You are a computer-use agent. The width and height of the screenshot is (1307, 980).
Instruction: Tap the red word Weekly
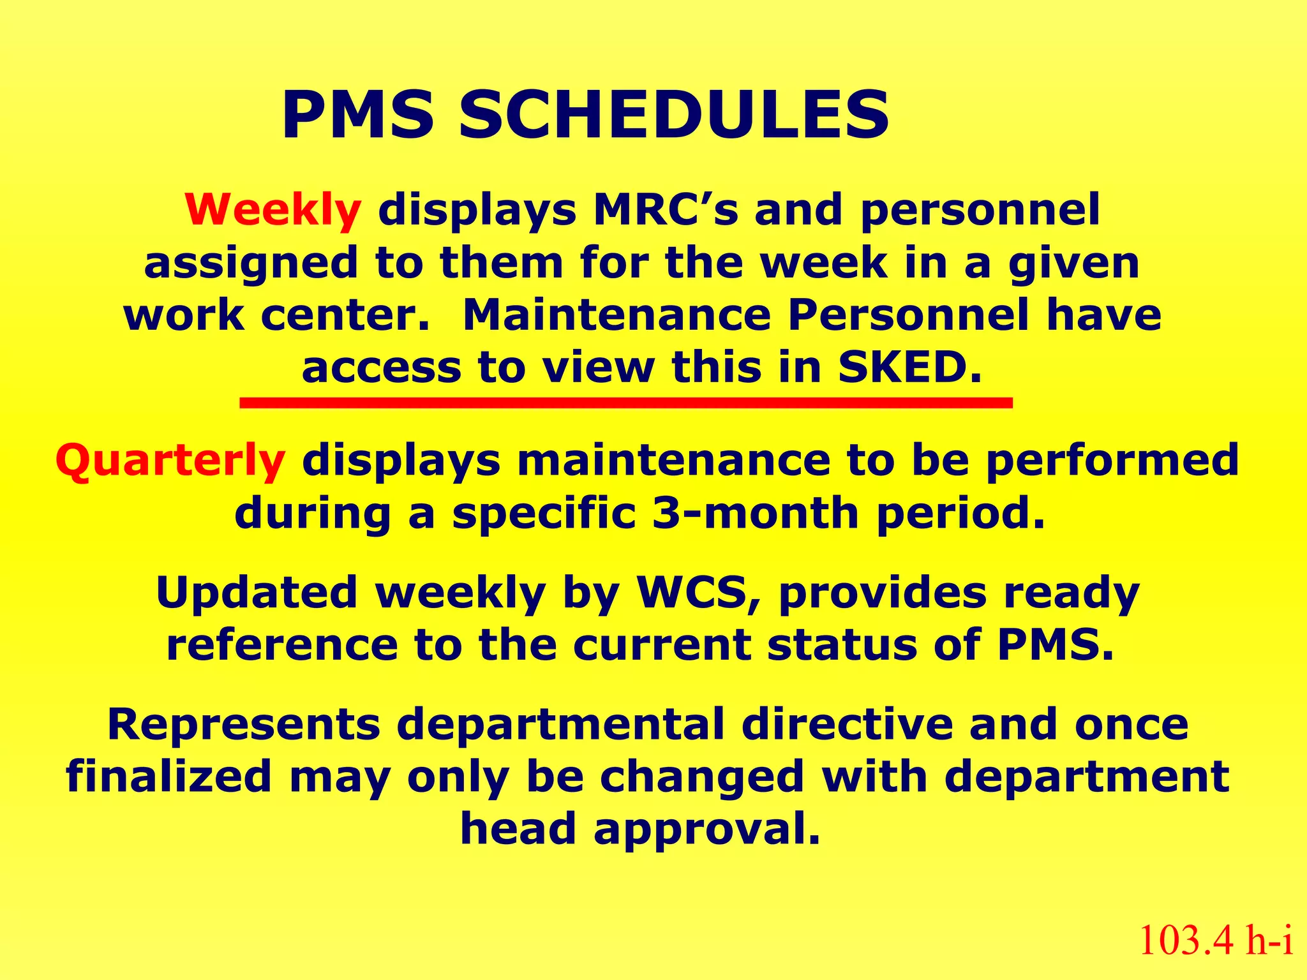coord(273,210)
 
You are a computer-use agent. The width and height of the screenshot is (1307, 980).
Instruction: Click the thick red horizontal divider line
coord(625,403)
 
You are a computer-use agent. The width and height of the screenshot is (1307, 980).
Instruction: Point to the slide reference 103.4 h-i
coord(1216,940)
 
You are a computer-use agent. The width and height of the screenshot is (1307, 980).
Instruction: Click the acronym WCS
coord(698,593)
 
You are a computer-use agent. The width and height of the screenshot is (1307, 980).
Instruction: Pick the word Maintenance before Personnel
coord(616,315)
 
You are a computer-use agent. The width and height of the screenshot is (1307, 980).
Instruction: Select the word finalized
coord(169,776)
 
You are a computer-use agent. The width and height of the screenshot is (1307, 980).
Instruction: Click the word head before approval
coord(518,829)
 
